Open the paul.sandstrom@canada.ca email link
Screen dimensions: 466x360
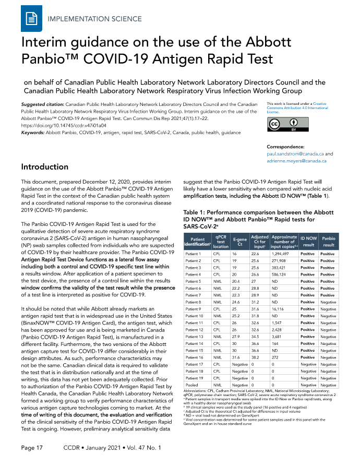[296, 154]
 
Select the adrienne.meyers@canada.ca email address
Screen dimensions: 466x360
[297, 161]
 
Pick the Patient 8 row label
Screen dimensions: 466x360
[193, 301]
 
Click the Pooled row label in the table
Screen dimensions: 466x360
[192, 384]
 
